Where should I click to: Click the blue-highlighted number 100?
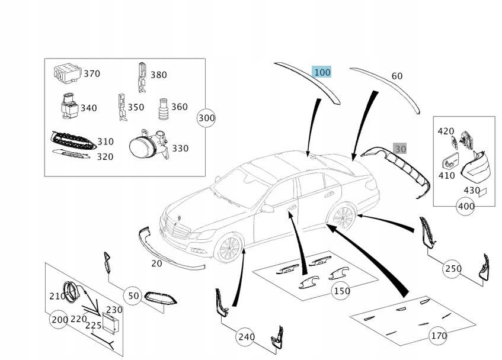[x=322, y=72]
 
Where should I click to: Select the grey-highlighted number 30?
[x=400, y=149]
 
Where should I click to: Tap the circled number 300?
[x=206, y=118]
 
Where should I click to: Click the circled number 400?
[x=466, y=206]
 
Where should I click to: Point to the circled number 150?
[x=341, y=291]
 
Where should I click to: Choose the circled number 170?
[x=439, y=336]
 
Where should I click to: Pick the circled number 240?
[x=246, y=337]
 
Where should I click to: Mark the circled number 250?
[x=453, y=269]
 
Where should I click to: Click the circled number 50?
[x=133, y=295]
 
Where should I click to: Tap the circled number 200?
[x=59, y=319]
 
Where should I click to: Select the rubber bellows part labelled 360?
[x=163, y=109]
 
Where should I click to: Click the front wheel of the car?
[x=229, y=248]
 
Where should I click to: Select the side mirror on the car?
[x=267, y=209]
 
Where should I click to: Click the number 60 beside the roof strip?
[x=397, y=76]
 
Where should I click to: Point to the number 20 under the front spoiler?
[x=156, y=263]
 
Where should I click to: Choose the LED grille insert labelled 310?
[x=73, y=140]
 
